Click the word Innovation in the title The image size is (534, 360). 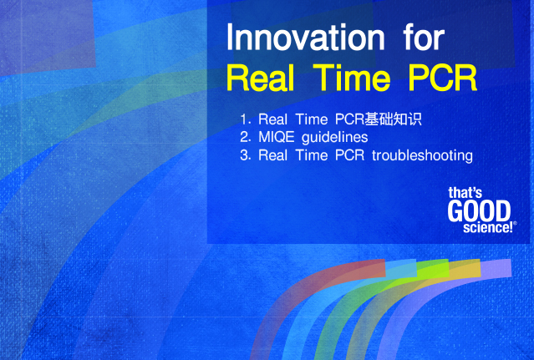coord(306,38)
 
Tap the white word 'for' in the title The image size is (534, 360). coord(424,37)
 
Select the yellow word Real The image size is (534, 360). coord(260,78)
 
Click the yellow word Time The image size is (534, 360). coord(352,78)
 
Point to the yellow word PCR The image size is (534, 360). coord(443,78)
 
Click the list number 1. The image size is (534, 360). coord(245,119)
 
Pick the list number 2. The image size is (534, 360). coord(245,137)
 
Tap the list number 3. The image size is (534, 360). coord(245,155)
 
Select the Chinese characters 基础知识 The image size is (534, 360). coord(393,119)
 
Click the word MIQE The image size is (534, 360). coord(277,137)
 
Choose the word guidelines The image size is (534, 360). coord(335,138)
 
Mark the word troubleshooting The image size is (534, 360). coord(422,156)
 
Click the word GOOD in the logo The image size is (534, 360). coord(479,211)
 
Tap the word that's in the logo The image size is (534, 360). coord(465,193)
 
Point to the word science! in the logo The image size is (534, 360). coord(488,228)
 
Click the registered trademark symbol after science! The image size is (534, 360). coord(515,224)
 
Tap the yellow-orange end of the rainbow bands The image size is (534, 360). coord(465,268)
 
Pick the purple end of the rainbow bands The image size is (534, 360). coord(496,268)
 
